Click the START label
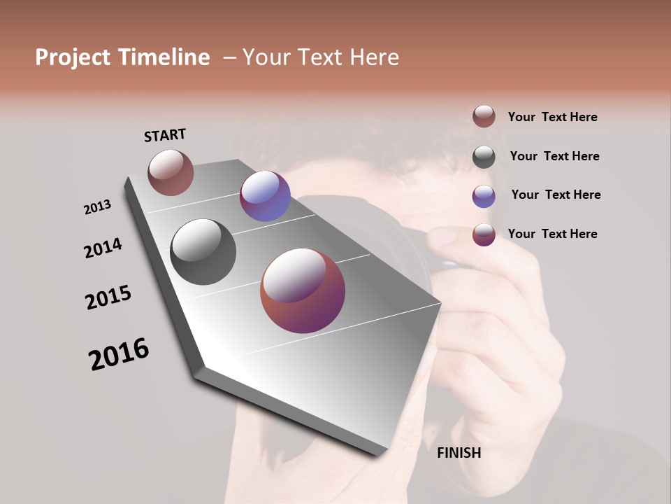(x=165, y=135)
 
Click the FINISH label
(x=459, y=453)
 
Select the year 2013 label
(x=97, y=207)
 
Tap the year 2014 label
(x=103, y=248)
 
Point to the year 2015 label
(x=108, y=297)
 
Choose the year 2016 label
(x=119, y=354)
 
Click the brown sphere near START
(x=171, y=172)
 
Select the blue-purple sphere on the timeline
(x=265, y=196)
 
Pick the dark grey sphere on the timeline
(x=203, y=251)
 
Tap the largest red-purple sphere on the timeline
(x=303, y=290)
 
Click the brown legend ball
(x=484, y=117)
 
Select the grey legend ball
(x=484, y=157)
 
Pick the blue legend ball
(x=484, y=196)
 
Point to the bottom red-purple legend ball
(x=484, y=234)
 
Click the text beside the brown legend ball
(x=552, y=117)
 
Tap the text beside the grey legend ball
(x=554, y=156)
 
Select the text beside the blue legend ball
(x=556, y=195)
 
